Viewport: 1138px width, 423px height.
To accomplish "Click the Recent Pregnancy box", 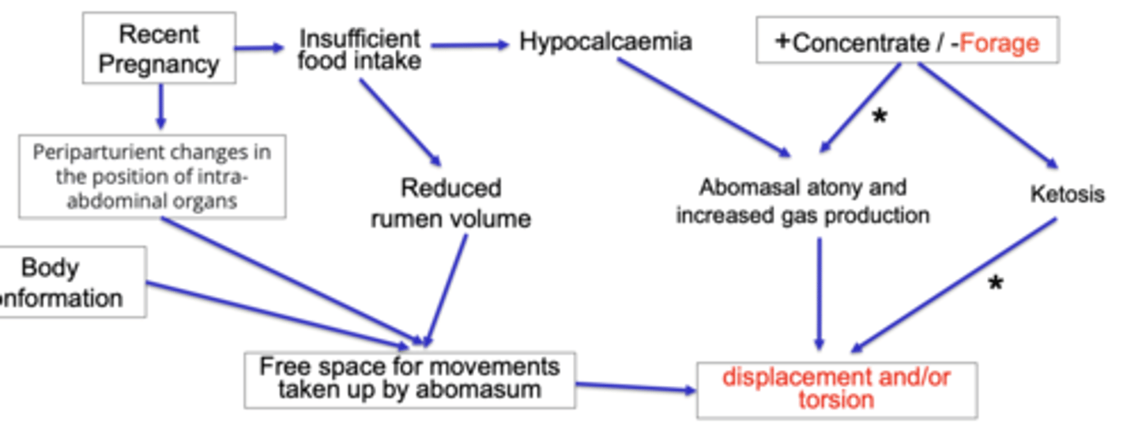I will pyautogui.click(x=159, y=48).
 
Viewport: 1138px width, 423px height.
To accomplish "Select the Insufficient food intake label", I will pyautogui.click(x=360, y=49).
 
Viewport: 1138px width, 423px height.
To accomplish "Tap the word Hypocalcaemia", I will pyautogui.click(x=605, y=42).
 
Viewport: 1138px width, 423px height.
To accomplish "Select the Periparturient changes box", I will pyautogui.click(x=152, y=176).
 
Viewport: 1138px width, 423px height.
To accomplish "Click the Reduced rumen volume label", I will pyautogui.click(x=450, y=203).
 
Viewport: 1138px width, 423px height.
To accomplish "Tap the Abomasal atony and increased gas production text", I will pyautogui.click(x=802, y=201).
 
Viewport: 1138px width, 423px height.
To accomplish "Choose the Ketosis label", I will pyautogui.click(x=1067, y=194).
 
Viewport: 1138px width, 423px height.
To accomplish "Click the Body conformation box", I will pyautogui.click(x=71, y=282).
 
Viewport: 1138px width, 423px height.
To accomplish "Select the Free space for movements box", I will pyautogui.click(x=409, y=379).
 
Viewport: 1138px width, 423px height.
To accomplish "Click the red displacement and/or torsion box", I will pyautogui.click(x=836, y=388).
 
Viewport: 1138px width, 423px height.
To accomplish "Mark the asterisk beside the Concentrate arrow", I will pyautogui.click(x=879, y=118).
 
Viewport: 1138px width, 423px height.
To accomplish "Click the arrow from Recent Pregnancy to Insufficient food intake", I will pyautogui.click(x=259, y=48).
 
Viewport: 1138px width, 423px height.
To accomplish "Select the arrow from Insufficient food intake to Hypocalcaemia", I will pyautogui.click(x=470, y=45).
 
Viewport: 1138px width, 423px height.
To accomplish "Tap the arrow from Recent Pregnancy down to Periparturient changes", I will pyautogui.click(x=160, y=107).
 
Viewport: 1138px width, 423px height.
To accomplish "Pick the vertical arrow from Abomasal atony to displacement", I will pyautogui.click(x=819, y=293).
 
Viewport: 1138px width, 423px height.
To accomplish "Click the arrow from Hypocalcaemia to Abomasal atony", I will pyautogui.click(x=703, y=107).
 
